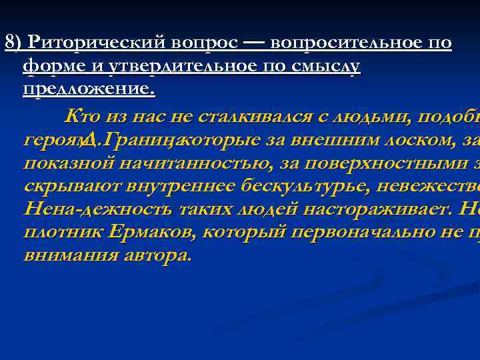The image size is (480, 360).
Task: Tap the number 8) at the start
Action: (15, 43)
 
